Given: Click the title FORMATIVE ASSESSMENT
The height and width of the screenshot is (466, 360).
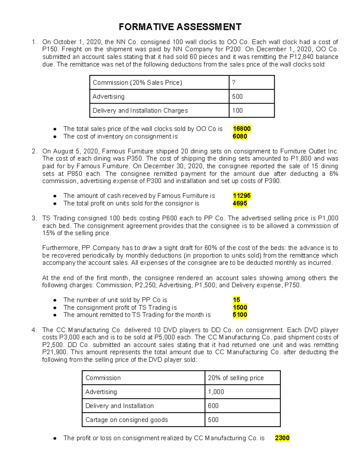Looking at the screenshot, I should click(180, 27).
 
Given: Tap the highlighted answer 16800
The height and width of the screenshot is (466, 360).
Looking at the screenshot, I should click(241, 129).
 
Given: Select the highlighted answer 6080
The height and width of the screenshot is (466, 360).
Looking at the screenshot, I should click(240, 137).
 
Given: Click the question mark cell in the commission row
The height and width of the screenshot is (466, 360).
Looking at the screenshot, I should click(251, 83).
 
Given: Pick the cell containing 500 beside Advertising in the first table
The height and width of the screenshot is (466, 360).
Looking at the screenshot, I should click(251, 97).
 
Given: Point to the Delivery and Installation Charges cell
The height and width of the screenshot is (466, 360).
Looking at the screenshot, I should click(159, 110).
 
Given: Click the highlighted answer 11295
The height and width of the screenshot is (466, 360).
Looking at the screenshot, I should click(241, 196).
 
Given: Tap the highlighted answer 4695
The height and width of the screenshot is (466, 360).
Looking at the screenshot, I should click(240, 203).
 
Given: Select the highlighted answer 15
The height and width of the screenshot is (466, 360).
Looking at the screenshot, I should click(236, 300).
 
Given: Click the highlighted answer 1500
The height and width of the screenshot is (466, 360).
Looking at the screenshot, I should click(240, 307).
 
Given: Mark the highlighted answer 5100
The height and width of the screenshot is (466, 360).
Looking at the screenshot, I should click(240, 315).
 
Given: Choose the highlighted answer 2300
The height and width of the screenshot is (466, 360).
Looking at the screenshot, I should click(282, 438).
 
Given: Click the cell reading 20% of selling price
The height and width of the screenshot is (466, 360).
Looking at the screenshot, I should click(242, 378).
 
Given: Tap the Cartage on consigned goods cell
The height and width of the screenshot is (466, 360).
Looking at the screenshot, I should click(143, 420).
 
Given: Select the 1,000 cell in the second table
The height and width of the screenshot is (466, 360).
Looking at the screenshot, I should click(242, 392).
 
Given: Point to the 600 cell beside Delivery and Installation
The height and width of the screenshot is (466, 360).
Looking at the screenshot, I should click(242, 406).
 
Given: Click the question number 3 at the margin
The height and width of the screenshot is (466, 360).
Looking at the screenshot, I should click(34, 218).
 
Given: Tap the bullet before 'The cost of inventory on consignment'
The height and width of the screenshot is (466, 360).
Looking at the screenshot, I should click(55, 137).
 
